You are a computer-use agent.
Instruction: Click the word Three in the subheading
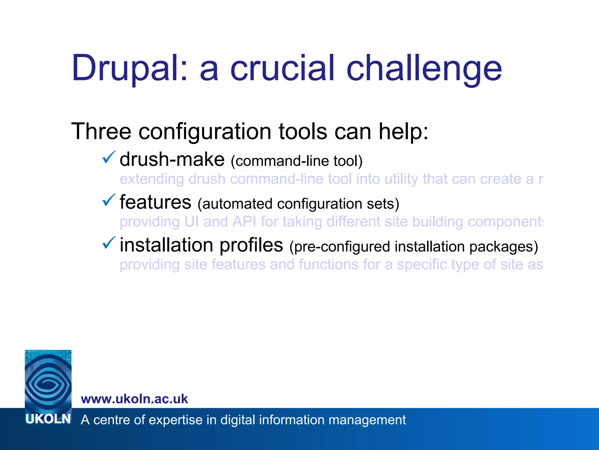[101, 132]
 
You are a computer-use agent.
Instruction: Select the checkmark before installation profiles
[109, 243]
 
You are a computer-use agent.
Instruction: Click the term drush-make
[172, 160]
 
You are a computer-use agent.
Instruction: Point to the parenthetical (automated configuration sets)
[298, 204]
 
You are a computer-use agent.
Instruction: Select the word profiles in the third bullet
[251, 246]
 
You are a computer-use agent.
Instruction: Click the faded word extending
[152, 179]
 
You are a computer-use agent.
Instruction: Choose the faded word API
[245, 221]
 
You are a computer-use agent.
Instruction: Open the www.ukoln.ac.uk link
[134, 399]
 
